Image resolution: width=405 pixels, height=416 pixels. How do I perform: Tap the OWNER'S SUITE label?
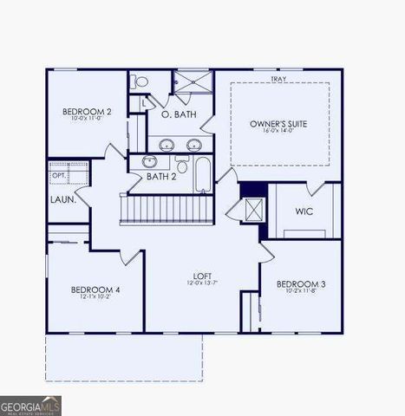click(278, 124)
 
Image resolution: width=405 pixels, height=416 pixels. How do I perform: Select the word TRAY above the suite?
click(278, 79)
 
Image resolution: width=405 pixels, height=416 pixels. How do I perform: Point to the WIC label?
click(304, 211)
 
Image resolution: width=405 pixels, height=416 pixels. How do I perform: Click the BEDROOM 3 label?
click(301, 284)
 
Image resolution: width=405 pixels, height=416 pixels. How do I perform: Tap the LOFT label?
click(201, 277)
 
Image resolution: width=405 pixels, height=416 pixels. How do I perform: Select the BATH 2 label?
click(162, 177)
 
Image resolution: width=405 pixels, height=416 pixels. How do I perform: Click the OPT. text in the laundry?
click(59, 176)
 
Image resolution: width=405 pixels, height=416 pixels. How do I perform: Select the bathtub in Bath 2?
click(203, 174)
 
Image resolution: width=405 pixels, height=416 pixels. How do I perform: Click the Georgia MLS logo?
click(31, 406)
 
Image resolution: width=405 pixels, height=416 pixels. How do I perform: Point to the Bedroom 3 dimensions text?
click(301, 292)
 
